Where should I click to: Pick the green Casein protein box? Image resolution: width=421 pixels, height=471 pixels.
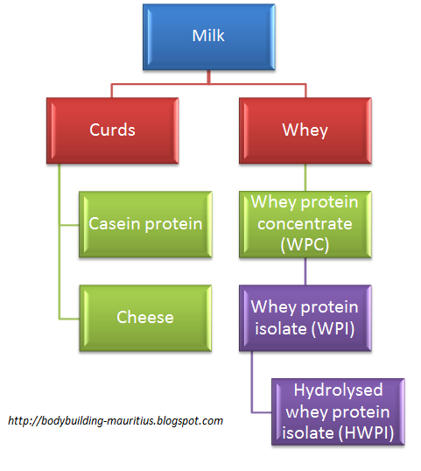[x=145, y=224]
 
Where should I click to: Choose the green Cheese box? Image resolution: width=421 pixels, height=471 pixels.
[x=145, y=317]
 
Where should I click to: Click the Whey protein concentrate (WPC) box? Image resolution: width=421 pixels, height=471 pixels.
[x=305, y=224]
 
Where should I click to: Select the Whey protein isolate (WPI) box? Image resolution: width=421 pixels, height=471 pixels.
[x=305, y=317]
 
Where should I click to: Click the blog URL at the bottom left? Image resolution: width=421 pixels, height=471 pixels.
[x=115, y=420]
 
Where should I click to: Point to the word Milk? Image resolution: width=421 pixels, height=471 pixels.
[x=208, y=37]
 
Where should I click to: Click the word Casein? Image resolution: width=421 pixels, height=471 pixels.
[x=113, y=224]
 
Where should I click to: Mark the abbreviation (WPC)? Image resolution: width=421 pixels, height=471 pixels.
[x=305, y=244]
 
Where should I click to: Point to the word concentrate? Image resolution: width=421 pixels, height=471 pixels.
[x=305, y=224]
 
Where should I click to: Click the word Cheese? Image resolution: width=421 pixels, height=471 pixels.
[x=145, y=317]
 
